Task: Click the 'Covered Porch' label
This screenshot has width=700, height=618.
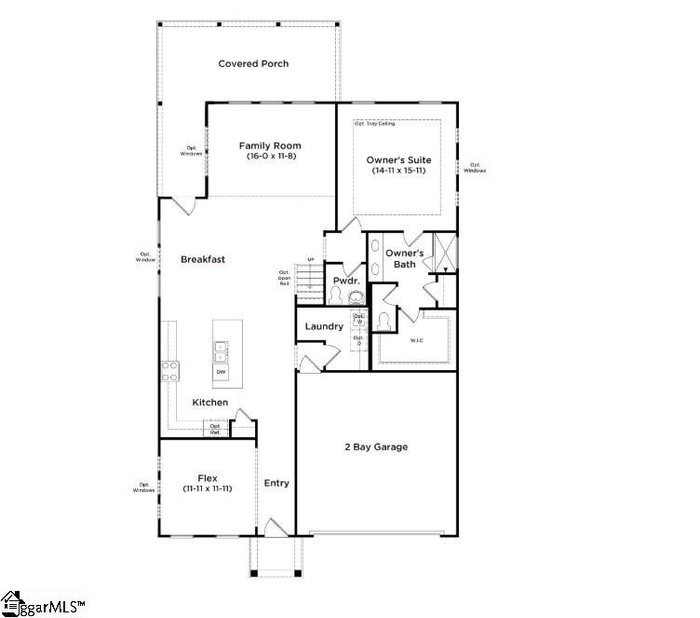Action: pos(253,63)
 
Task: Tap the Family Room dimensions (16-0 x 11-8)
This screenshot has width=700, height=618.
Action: pos(270,158)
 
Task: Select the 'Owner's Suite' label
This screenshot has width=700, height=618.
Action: pos(397,160)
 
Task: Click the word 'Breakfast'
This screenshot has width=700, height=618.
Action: pos(203,259)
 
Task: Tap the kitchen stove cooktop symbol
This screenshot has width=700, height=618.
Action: pos(170,371)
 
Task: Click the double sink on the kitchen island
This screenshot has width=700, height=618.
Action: pos(222,351)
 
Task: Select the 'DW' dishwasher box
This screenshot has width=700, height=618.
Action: pos(222,373)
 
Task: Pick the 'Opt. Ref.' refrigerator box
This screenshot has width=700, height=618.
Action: pos(215,430)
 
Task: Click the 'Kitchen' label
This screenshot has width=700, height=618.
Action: pos(210,402)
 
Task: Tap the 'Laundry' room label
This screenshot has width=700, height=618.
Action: pos(324,326)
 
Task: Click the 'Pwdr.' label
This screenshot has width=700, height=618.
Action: pos(346,280)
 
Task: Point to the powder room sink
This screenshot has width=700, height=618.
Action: pos(357,298)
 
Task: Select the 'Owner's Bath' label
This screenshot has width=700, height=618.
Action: pos(405,258)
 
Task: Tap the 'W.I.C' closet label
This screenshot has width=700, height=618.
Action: pos(417,339)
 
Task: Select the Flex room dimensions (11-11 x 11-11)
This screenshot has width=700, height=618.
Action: pos(207,488)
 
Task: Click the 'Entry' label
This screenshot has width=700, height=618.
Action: pos(276,483)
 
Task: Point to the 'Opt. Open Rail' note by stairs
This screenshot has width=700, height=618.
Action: pos(285,278)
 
